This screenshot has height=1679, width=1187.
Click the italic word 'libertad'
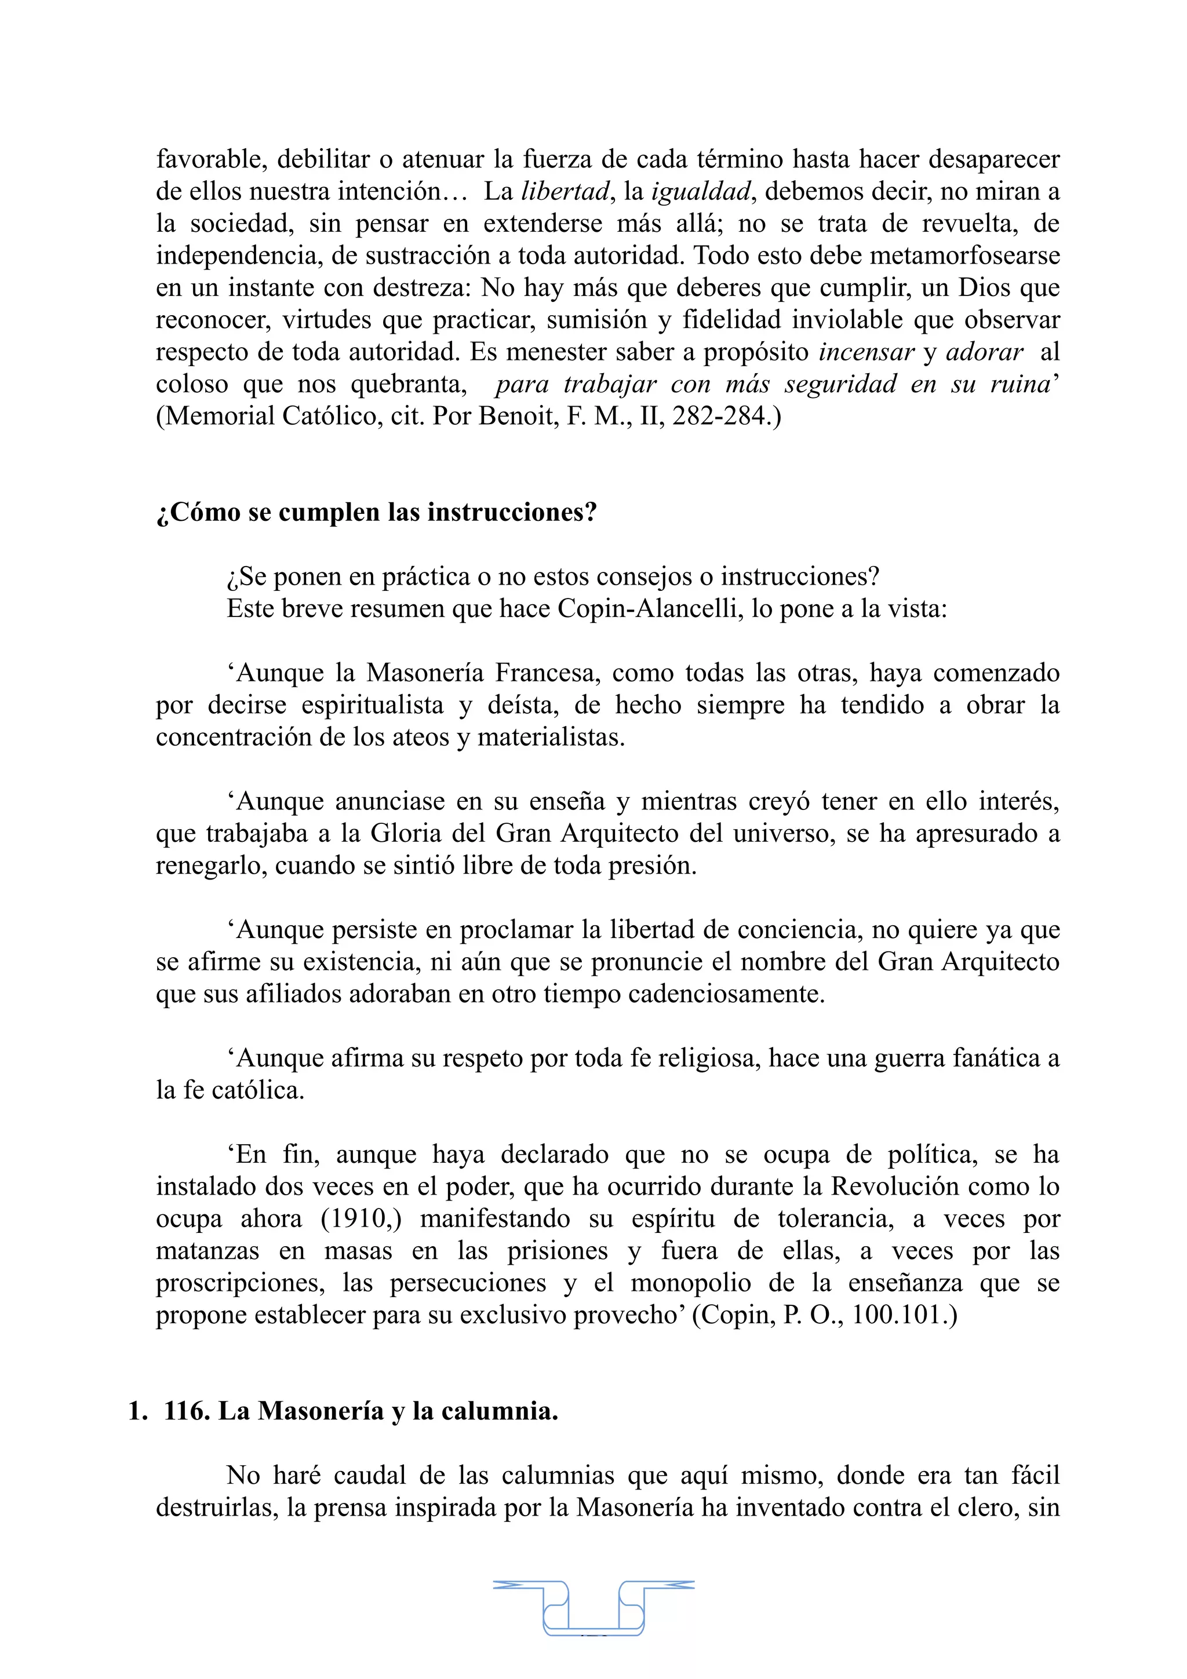coord(565,192)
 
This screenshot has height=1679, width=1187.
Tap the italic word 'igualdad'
coord(701,192)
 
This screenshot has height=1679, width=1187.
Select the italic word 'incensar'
coord(866,352)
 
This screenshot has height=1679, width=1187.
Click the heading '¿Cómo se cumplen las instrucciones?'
coord(377,512)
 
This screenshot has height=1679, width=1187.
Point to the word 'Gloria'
coord(403,834)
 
